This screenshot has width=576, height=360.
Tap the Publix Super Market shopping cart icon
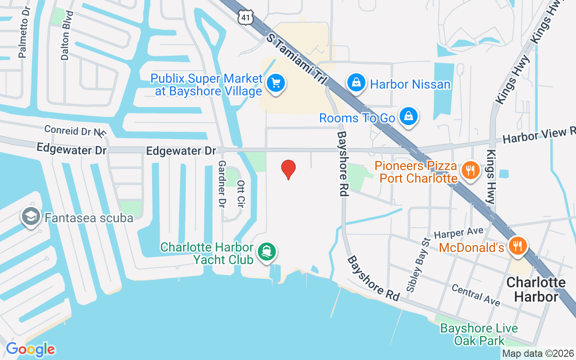point(275,83)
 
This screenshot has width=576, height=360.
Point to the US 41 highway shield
point(245,17)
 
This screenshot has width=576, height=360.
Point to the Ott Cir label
point(240,194)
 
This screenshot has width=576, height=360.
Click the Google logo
point(30,349)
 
